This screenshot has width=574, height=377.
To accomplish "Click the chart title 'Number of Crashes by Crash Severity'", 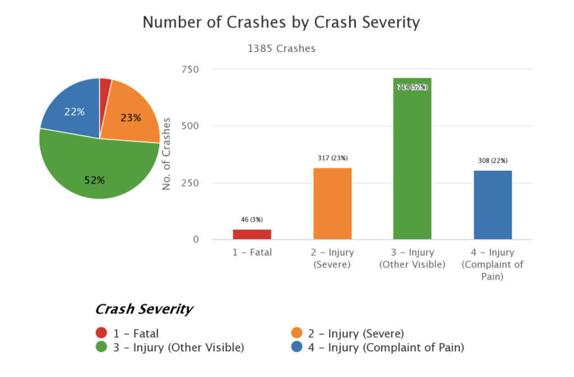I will pyautogui.click(x=281, y=22).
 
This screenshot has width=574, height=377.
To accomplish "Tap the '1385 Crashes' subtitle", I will pyautogui.click(x=281, y=49).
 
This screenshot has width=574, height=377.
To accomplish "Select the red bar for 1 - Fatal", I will pyautogui.click(x=252, y=234).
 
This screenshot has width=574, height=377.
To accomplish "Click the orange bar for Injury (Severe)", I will pyautogui.click(x=332, y=203).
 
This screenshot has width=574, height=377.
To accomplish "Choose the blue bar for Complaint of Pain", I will pyautogui.click(x=493, y=204).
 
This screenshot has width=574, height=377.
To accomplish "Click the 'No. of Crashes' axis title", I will pyautogui.click(x=166, y=155).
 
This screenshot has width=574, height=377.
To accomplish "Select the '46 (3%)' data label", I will pyautogui.click(x=252, y=220).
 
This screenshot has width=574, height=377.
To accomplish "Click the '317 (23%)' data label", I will pyautogui.click(x=332, y=158).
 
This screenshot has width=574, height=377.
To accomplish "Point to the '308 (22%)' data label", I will pyautogui.click(x=493, y=161).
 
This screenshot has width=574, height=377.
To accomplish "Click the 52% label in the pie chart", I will pyautogui.click(x=94, y=180).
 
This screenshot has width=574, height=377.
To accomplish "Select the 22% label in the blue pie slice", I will pyautogui.click(x=74, y=111).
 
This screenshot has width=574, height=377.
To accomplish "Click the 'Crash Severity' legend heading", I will pyautogui.click(x=144, y=309).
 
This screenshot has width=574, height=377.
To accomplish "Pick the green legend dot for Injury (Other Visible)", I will pyautogui.click(x=101, y=347).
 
